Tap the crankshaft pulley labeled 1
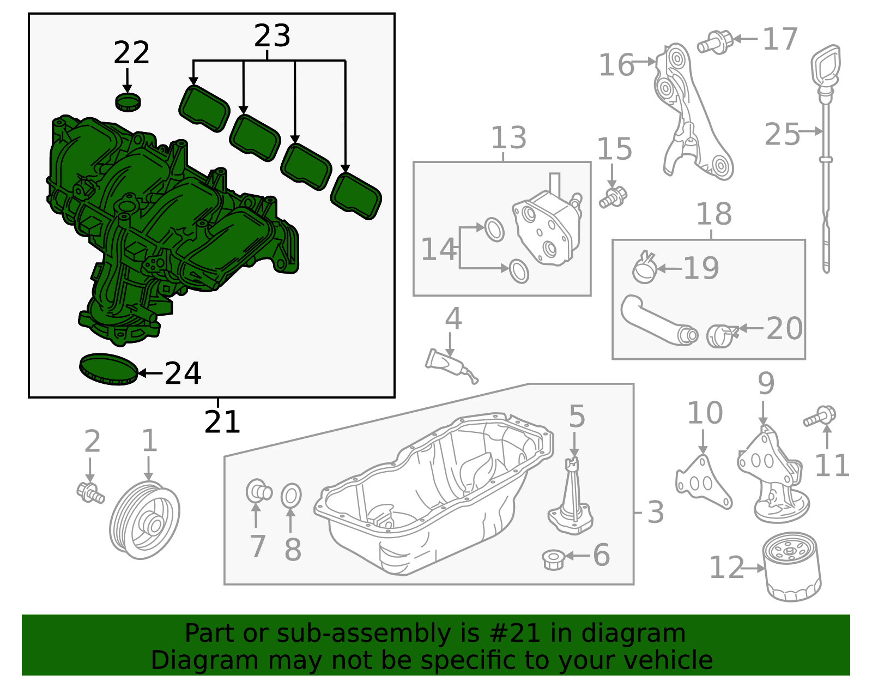coord(145,520)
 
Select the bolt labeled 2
coord(90,492)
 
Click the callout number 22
coord(131,53)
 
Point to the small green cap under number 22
coord(128,101)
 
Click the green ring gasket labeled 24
coord(108,369)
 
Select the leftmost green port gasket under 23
coord(204,108)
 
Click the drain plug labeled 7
coord(258,491)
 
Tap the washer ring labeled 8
coord(291,496)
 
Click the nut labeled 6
coord(553,559)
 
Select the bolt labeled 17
coord(714,42)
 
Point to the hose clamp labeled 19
coord(644,269)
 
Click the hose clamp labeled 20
coord(721,335)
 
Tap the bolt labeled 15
coord(614,197)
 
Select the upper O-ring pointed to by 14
coord(494,230)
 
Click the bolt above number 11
coord(820,417)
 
